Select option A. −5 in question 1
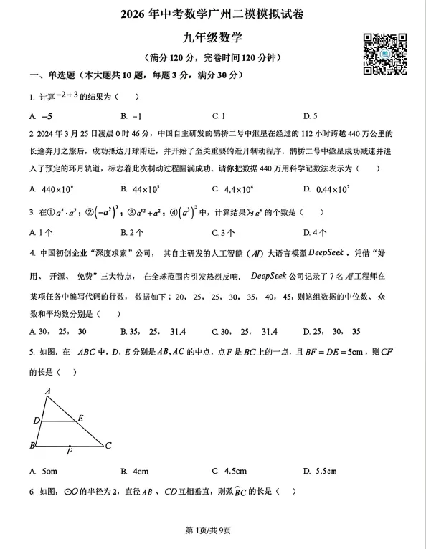pyautogui.click(x=41, y=115)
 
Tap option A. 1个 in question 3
pyautogui.click(x=41, y=232)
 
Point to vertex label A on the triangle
pyautogui.click(x=47, y=391)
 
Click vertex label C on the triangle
pyautogui.click(x=108, y=445)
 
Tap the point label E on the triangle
pyautogui.click(x=80, y=417)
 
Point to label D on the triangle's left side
pyautogui.click(x=36, y=420)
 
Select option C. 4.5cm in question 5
pyautogui.click(x=229, y=471)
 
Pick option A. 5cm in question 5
pyautogui.click(x=43, y=471)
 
